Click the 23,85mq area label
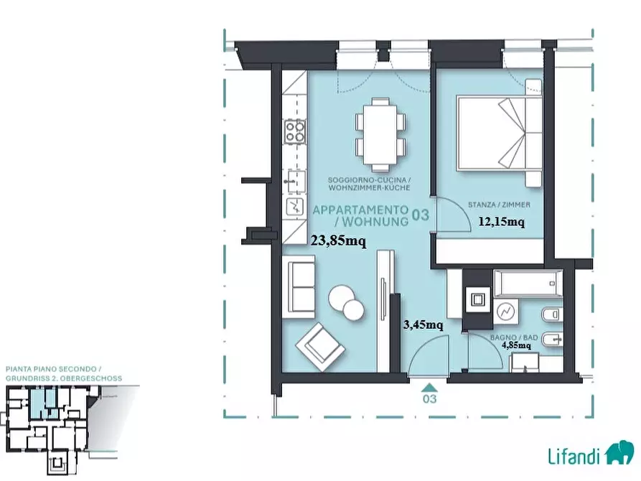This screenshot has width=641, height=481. (339, 241)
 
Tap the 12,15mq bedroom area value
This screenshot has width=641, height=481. (502, 222)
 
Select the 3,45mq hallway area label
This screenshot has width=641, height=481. (423, 325)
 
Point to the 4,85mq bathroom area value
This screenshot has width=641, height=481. (516, 345)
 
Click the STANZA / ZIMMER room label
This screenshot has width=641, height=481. (499, 205)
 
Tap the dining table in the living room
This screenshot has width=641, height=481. (380, 135)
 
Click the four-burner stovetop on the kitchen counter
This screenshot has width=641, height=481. (295, 131)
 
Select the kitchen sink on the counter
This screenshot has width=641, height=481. (295, 181)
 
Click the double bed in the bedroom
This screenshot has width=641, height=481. (499, 133)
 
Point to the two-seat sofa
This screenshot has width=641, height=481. (301, 288)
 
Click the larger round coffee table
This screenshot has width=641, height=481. (342, 297)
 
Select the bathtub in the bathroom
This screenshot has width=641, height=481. (528, 283)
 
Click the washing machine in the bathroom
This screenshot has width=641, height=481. (505, 312)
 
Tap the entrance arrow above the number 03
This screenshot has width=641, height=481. (429, 388)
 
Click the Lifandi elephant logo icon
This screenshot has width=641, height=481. (619, 452)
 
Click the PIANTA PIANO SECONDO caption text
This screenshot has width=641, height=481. (51, 369)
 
